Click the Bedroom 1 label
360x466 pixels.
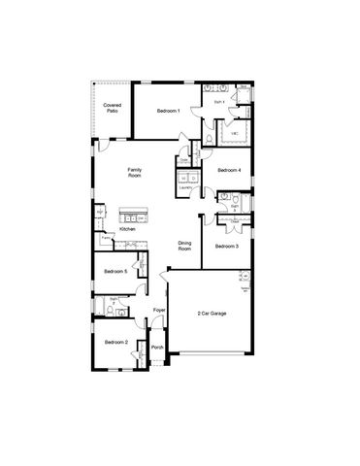coord(168,111)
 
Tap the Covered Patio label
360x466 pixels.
coord(112,108)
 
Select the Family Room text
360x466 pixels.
coord(135,172)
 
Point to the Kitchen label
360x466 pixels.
coord(127,229)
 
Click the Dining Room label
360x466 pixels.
coord(184,247)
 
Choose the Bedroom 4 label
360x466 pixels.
coord(228,171)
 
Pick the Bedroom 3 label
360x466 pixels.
coord(226,247)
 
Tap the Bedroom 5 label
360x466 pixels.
coord(115,272)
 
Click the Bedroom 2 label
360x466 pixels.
coord(116,342)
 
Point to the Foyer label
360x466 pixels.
coord(159,310)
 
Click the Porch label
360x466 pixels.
coord(156,347)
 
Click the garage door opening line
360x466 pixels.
coord(211,351)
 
